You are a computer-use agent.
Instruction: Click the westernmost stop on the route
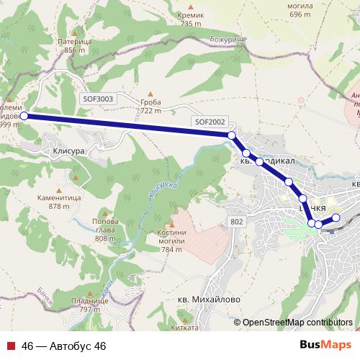tap(24, 115)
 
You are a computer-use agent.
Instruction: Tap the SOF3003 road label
tap(99, 99)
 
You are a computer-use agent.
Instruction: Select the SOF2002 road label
tap(210, 122)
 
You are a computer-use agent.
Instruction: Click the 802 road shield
tap(237, 222)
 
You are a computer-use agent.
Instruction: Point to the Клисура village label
tap(69, 153)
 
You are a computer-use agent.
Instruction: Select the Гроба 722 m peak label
tap(150, 107)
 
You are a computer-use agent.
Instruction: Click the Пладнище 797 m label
tap(90, 305)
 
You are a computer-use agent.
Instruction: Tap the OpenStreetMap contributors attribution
tap(297, 323)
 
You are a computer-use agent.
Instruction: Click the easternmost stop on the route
tap(336, 217)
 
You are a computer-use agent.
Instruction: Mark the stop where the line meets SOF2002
tap(232, 135)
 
